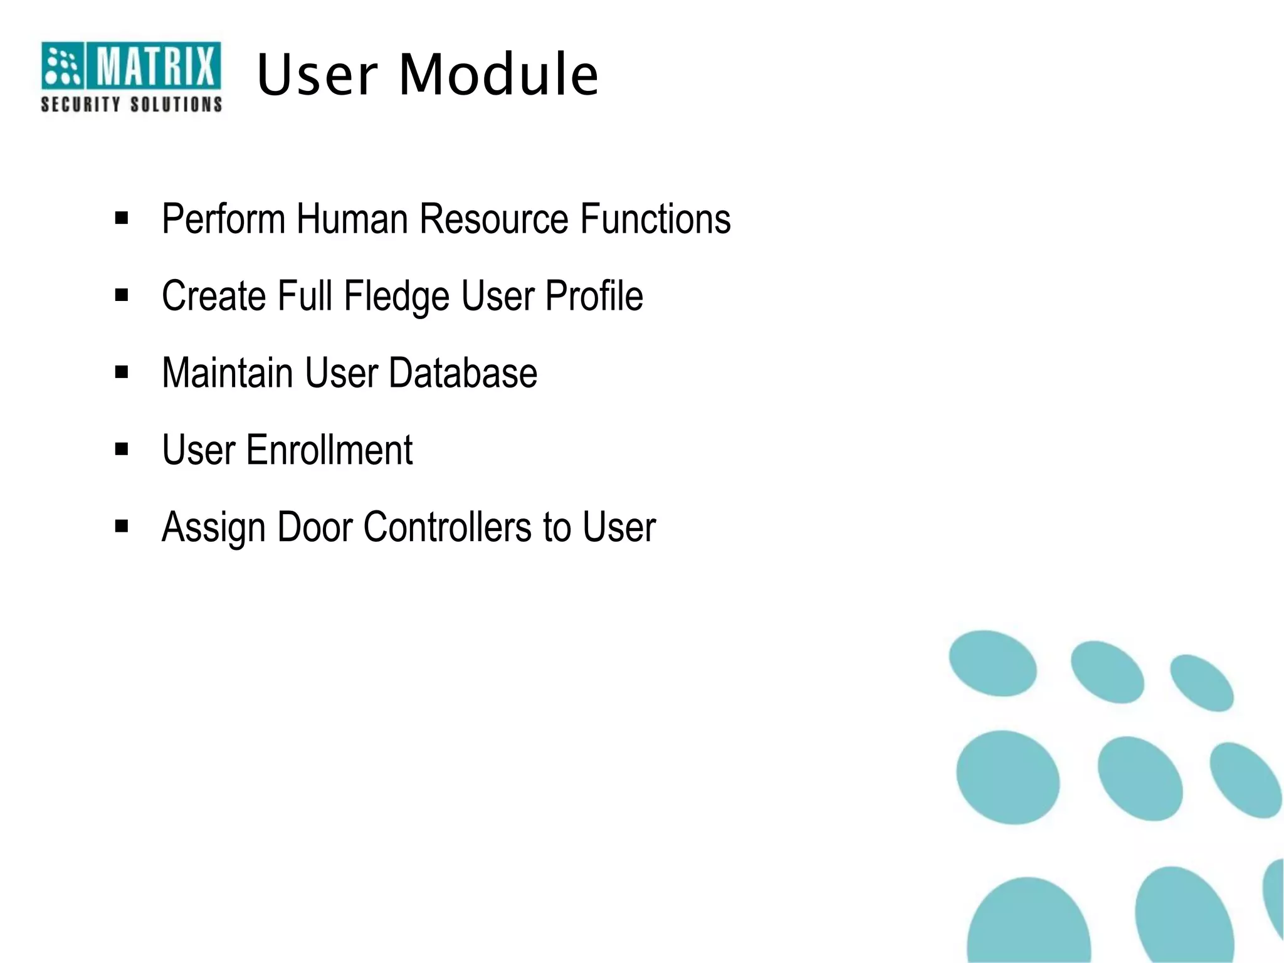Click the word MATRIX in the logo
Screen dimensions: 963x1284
[x=154, y=66]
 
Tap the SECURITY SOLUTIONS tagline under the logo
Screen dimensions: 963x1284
[x=131, y=104]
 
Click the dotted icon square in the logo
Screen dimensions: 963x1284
[x=61, y=65]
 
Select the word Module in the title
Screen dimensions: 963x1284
[x=498, y=75]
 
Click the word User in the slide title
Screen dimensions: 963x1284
[x=317, y=75]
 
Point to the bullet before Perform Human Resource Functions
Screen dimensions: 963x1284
[x=122, y=218]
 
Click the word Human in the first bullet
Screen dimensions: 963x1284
[x=352, y=219]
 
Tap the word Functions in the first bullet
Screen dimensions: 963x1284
[x=655, y=219]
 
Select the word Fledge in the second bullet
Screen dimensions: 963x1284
[x=396, y=297]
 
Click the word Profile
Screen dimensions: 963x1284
[x=594, y=296]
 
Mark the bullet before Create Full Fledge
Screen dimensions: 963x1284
[x=122, y=295]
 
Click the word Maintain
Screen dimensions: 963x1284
[x=227, y=373]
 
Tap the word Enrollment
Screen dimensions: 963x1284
[x=329, y=450]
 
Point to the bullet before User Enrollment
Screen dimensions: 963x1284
[x=122, y=449]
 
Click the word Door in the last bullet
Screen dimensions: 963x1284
[x=315, y=527]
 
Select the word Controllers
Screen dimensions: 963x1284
[x=448, y=527]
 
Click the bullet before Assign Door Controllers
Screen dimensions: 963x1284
[x=122, y=526]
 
